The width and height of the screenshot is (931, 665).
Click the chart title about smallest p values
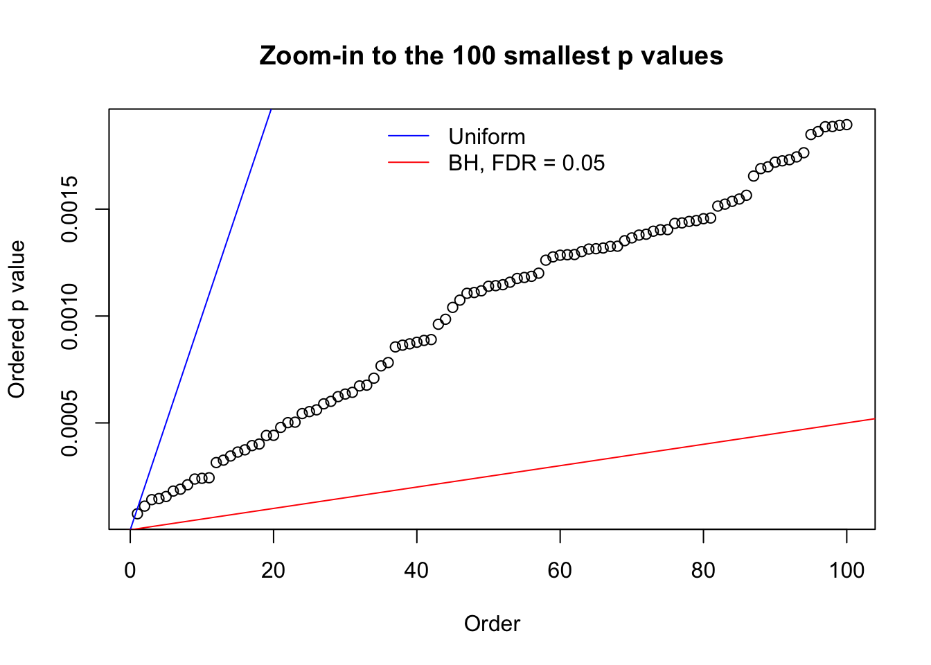pos(491,55)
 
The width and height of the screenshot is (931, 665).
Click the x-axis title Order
pos(492,623)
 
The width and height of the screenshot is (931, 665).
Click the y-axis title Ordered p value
pos(17,319)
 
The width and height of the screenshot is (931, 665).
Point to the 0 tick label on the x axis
pos(130,571)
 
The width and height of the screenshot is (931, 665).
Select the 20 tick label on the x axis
pos(274,571)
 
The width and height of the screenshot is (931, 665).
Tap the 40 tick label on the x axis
pos(417,571)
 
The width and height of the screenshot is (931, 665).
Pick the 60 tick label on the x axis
pos(560,571)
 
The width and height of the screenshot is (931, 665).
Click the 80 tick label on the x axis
pos(703,571)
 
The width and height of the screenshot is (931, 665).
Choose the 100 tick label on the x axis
pos(846,571)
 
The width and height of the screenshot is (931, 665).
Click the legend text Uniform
pos(487,136)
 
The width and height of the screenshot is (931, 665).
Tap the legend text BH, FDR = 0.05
pos(526,163)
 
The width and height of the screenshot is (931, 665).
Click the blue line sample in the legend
pos(409,136)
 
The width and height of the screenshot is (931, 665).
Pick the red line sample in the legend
pos(409,163)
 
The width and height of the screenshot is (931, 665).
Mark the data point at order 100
pos(846,125)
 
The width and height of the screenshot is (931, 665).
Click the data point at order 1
pos(137,513)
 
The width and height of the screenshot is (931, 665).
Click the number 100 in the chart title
pos(475,55)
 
